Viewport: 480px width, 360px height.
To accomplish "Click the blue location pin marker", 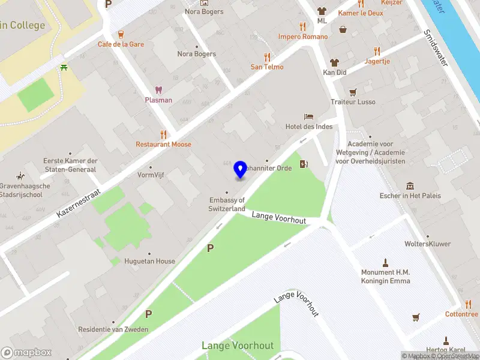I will [x=241, y=169].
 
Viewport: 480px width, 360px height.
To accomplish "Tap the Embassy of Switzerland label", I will [x=227, y=204].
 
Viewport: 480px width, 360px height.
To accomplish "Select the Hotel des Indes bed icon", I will [x=308, y=116].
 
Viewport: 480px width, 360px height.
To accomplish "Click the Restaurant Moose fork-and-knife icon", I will [x=163, y=134].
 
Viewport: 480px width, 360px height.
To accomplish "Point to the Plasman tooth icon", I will [x=158, y=90].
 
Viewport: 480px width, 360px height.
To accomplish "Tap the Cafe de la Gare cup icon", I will [x=121, y=34].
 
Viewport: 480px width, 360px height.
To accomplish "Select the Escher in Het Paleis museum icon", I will [x=410, y=185].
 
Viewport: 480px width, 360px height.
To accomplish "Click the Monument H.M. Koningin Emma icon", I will [x=385, y=262].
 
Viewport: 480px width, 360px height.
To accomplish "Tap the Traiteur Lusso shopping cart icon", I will [x=353, y=92].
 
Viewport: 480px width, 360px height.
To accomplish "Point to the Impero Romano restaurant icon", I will [x=303, y=26].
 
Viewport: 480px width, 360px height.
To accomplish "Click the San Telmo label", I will [x=267, y=67].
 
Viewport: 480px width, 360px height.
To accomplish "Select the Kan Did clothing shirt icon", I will [x=335, y=62].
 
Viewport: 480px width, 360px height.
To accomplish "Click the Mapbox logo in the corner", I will [x=26, y=352].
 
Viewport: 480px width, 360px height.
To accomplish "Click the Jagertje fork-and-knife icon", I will [x=377, y=51].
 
